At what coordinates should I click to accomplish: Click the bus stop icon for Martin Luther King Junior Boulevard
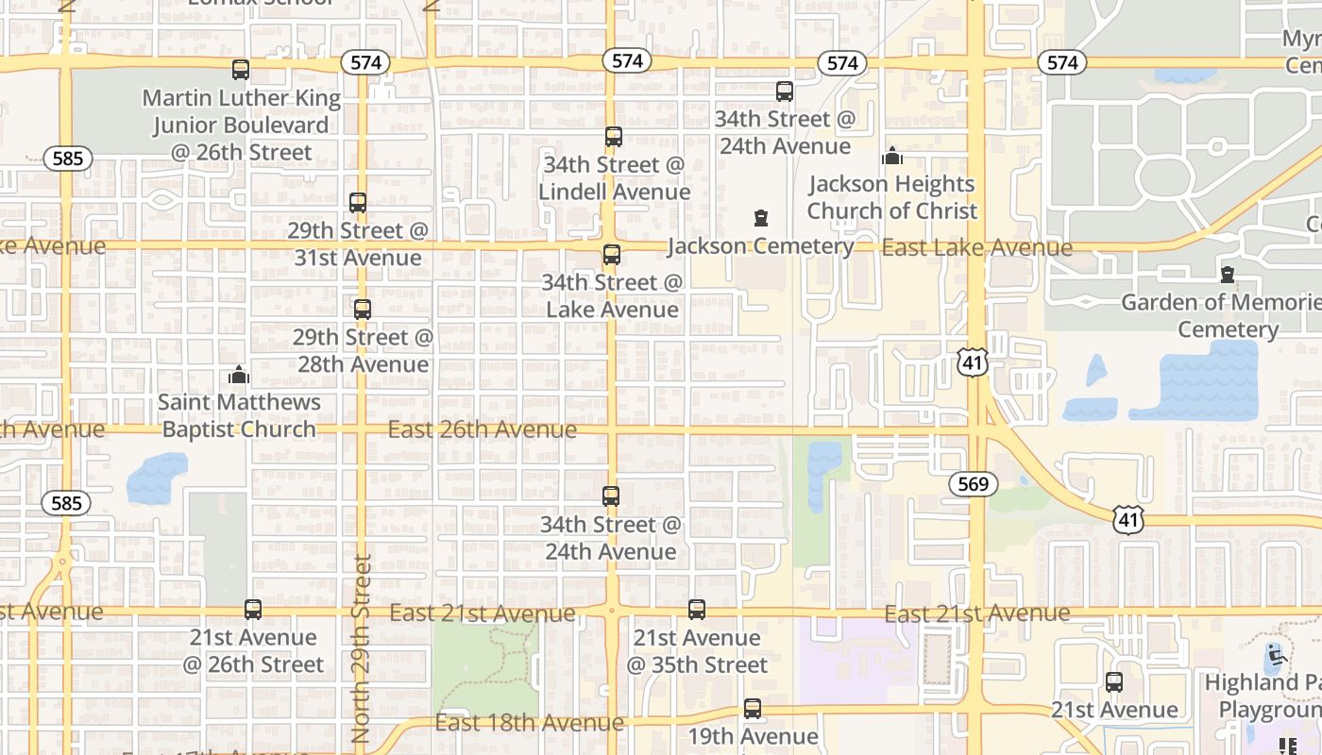[241, 69]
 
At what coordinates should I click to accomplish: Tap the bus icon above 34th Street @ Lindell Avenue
[614, 136]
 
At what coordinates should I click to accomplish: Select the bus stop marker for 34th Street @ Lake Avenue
[612, 254]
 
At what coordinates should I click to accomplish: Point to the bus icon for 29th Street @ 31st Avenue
[358, 202]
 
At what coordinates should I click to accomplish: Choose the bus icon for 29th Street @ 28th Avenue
[363, 309]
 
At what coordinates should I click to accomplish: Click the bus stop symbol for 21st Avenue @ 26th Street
[253, 610]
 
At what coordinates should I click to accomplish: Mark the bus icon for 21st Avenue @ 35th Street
[697, 610]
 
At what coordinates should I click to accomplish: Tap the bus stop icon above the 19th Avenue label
[753, 708]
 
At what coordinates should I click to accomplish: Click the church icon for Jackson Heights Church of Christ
[892, 156]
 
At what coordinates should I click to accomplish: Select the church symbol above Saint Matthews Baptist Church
[239, 375]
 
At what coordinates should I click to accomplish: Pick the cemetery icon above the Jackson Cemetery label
[761, 219]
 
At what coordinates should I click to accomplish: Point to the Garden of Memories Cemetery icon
[1228, 275]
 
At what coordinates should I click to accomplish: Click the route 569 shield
[973, 485]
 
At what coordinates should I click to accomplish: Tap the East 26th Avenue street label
[483, 430]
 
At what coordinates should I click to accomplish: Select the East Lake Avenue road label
[976, 248]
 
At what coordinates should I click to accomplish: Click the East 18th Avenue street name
[529, 723]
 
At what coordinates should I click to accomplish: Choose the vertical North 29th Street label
[362, 649]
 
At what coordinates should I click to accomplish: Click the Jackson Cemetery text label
[761, 246]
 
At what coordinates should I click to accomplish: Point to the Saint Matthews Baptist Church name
[239, 415]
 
